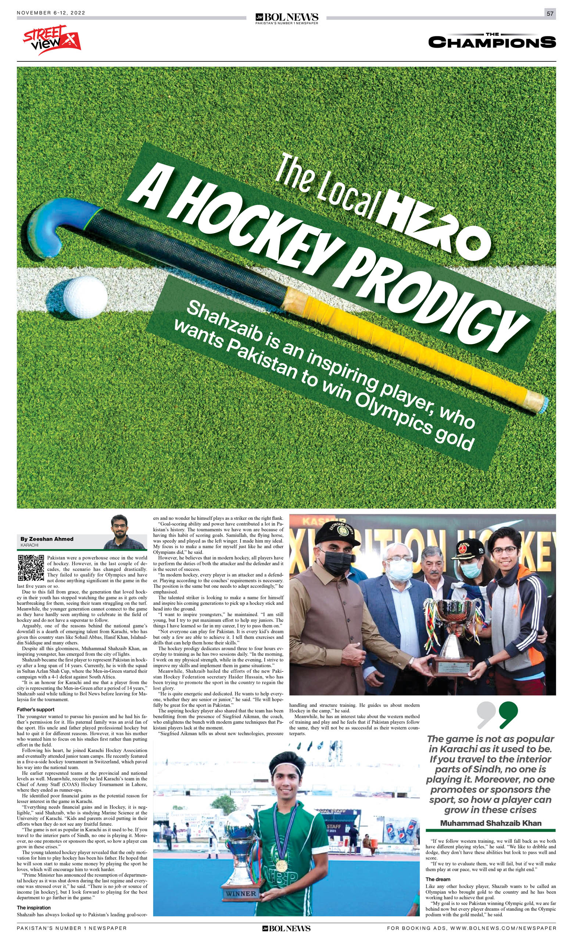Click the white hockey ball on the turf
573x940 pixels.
85,297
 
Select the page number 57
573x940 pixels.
550,14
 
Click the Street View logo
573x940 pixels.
51,40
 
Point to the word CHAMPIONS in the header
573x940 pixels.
492,42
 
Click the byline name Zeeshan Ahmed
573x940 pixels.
47,539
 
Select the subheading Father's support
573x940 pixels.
36,709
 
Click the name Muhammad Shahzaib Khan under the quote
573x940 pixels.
491,823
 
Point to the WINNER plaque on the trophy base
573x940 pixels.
241,893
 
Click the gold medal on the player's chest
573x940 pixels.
281,865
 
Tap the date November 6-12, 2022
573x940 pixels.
51,13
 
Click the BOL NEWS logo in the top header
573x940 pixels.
287,18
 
